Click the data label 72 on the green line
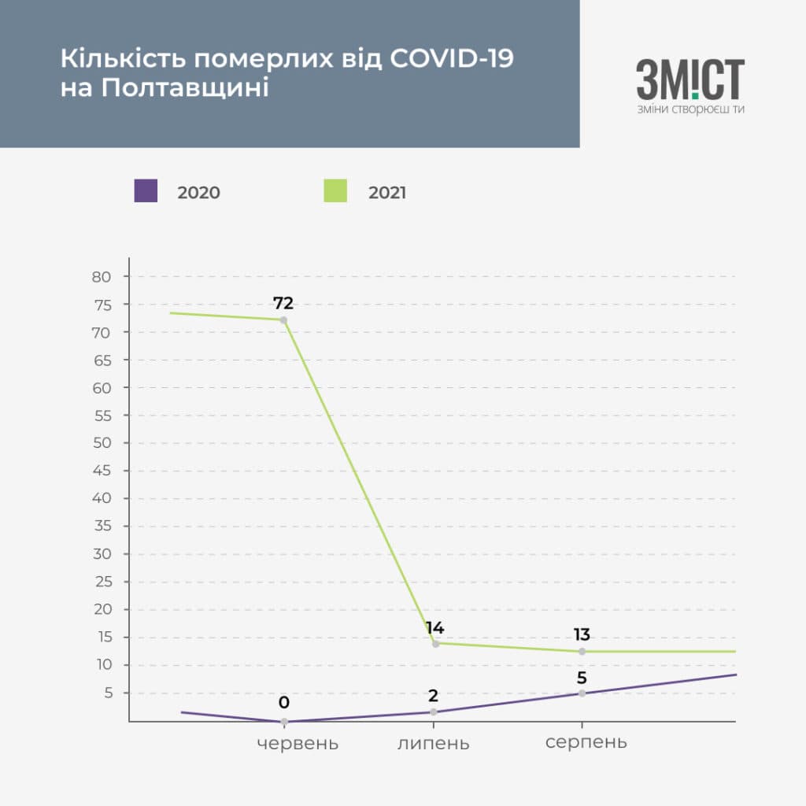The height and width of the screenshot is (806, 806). pyautogui.click(x=283, y=303)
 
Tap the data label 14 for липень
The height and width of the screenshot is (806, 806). pyautogui.click(x=434, y=627)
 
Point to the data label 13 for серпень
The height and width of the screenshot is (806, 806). pyautogui.click(x=582, y=634)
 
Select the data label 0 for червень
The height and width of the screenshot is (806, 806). pyautogui.click(x=283, y=702)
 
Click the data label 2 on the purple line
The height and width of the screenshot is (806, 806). pyautogui.click(x=434, y=696)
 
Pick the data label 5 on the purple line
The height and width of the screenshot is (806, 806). pyautogui.click(x=582, y=678)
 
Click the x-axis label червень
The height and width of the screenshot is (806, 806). pyautogui.click(x=298, y=743)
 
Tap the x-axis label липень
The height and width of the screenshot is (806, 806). pyautogui.click(x=434, y=743)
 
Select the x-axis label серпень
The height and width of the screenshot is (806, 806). pyautogui.click(x=586, y=742)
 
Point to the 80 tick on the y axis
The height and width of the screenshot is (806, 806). pyautogui.click(x=102, y=277)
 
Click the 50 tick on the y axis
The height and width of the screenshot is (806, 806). pyautogui.click(x=102, y=443)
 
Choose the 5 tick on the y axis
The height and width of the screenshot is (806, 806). pyautogui.click(x=108, y=693)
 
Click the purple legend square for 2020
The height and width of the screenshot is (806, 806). pyautogui.click(x=146, y=190)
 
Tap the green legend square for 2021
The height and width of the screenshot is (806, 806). pyautogui.click(x=335, y=190)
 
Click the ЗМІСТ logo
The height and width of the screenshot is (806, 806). pyautogui.click(x=690, y=79)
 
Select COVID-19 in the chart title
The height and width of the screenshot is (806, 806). pyautogui.click(x=452, y=58)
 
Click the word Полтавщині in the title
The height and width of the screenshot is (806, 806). pyautogui.click(x=185, y=87)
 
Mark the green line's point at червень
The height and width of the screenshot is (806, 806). pyautogui.click(x=283, y=320)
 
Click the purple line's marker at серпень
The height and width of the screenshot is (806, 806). pyautogui.click(x=582, y=693)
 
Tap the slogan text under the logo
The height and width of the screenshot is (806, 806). pyautogui.click(x=691, y=109)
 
